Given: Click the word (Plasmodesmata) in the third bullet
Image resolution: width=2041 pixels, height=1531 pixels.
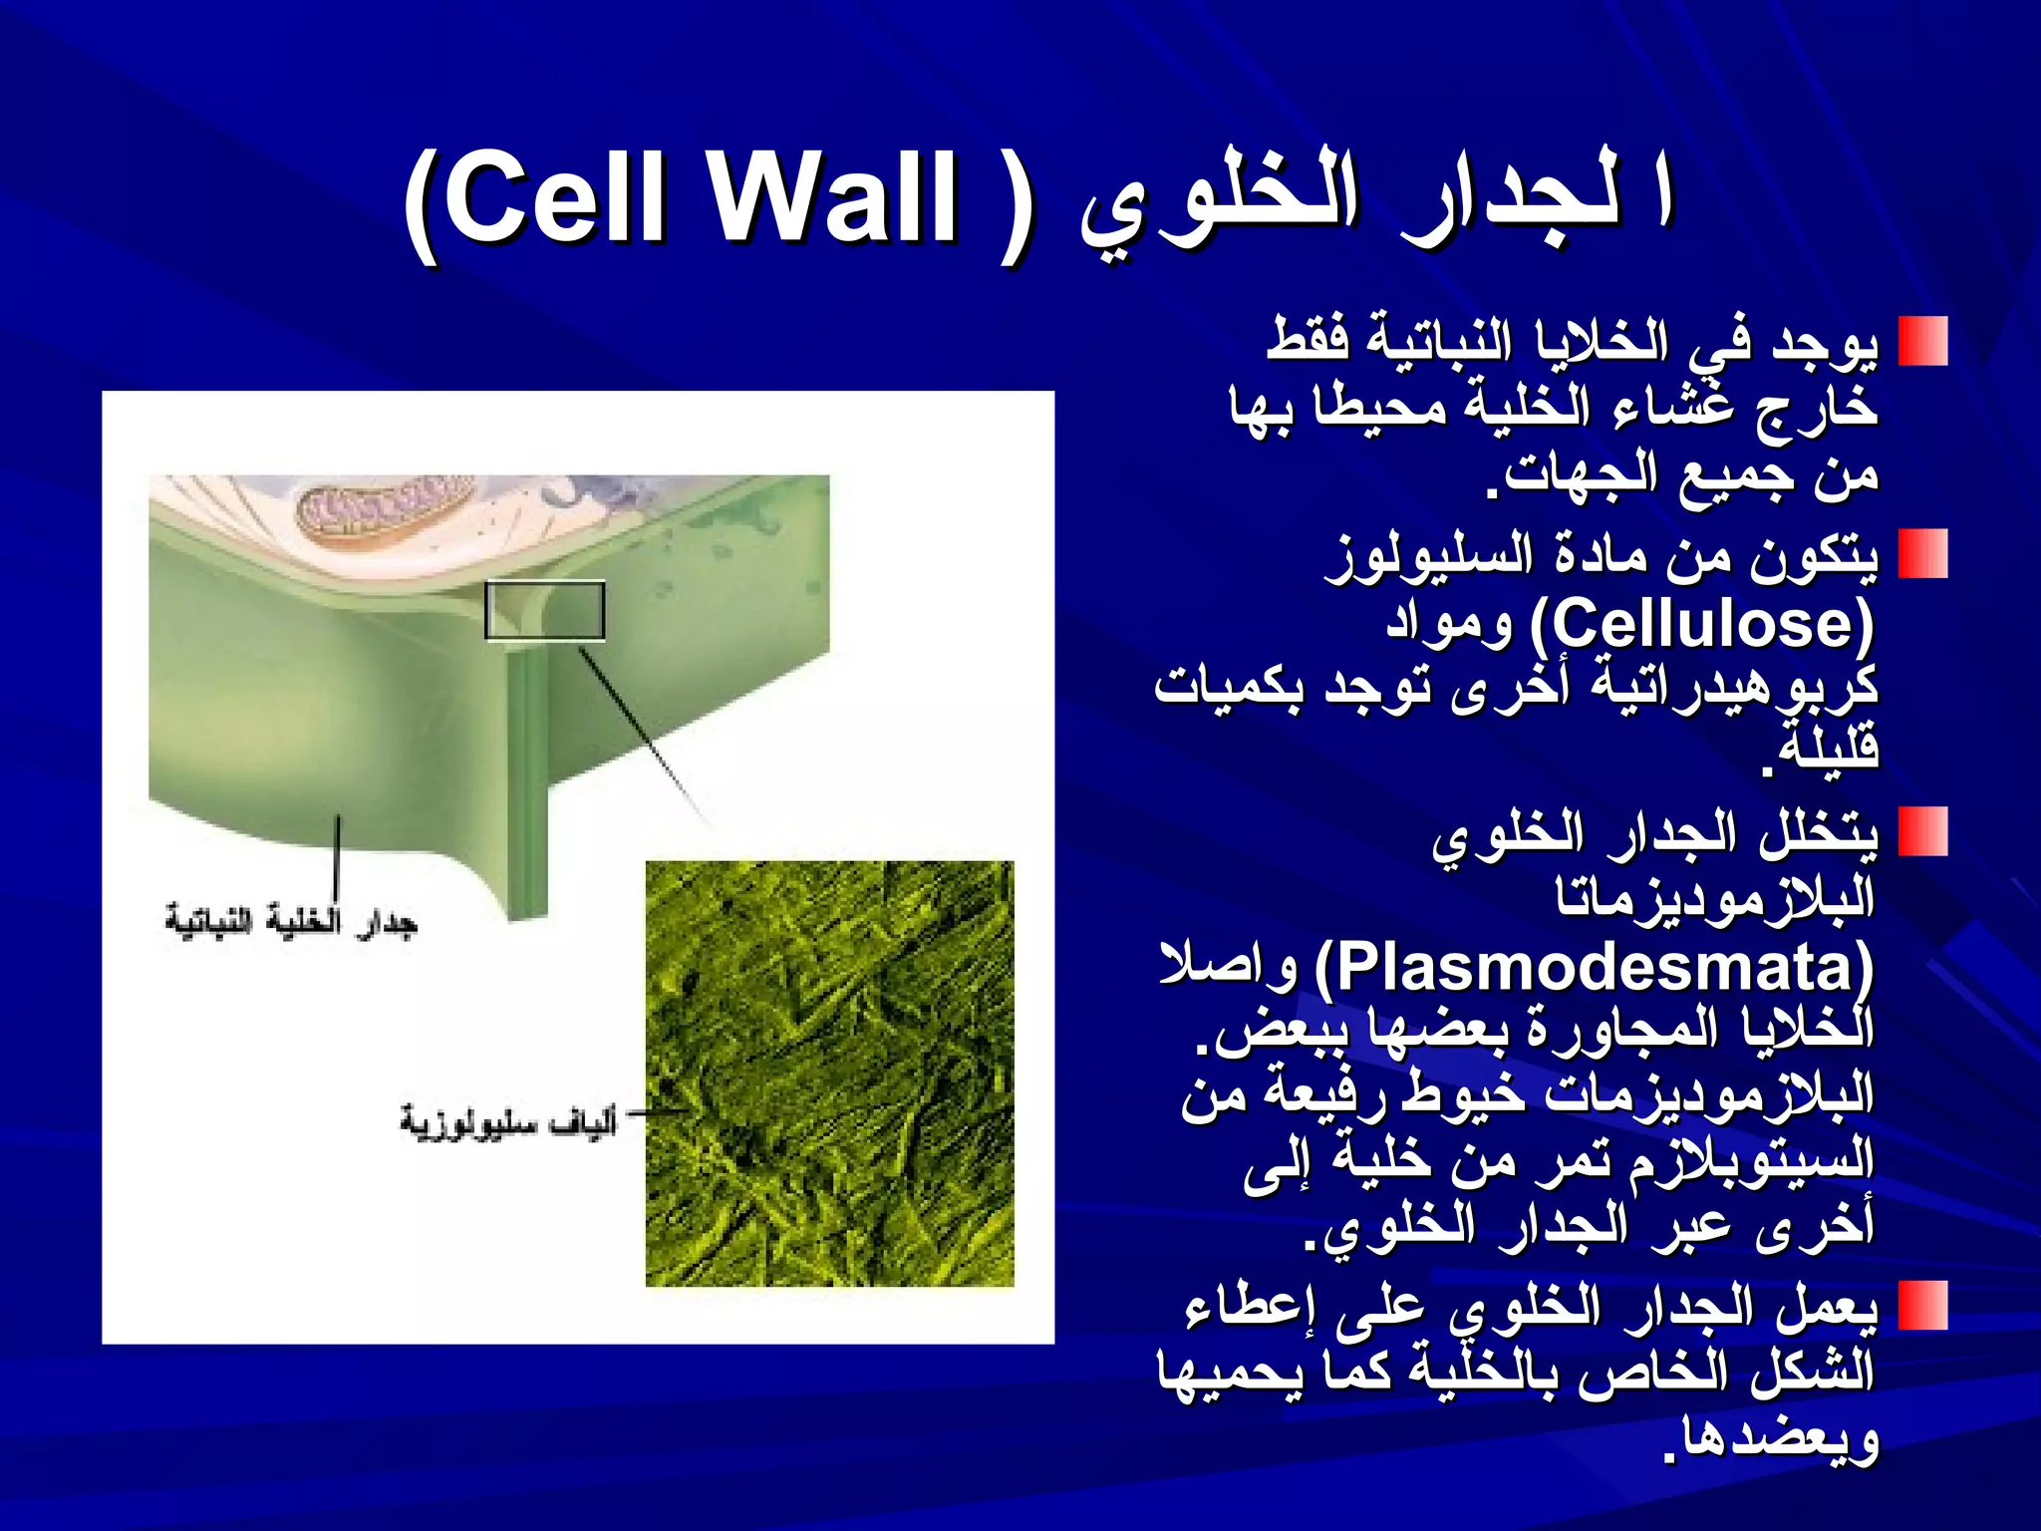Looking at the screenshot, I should (1594, 969).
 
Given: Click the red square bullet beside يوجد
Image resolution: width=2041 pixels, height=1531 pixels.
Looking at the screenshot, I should (1922, 342).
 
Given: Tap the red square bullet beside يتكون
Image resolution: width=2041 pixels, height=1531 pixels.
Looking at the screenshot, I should (1922, 554).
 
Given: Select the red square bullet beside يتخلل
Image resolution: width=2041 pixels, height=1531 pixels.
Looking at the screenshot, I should (1922, 832).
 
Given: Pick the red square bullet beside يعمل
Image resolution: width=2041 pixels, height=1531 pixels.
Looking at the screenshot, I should (1922, 1306).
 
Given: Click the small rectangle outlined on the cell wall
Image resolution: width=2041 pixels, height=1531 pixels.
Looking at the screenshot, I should (544, 610).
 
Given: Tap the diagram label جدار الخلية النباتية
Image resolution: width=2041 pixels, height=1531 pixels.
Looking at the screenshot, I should (290, 922).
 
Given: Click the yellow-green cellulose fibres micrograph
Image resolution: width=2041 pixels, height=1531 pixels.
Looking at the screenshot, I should (829, 1074).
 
